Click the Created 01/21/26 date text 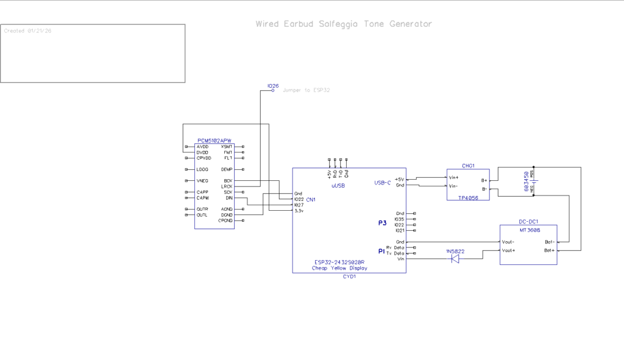point(27,31)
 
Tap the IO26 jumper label point(273,86)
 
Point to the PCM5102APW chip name point(214,141)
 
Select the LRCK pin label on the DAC point(227,186)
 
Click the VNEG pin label point(203,181)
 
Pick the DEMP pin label point(227,169)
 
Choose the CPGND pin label point(225,221)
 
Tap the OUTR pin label point(202,210)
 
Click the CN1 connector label point(311,199)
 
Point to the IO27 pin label point(299,205)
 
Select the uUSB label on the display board point(339,185)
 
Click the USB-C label point(383,182)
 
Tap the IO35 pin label point(400,219)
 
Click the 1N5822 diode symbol point(455,259)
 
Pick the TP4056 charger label point(467,198)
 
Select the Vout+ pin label point(508,250)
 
